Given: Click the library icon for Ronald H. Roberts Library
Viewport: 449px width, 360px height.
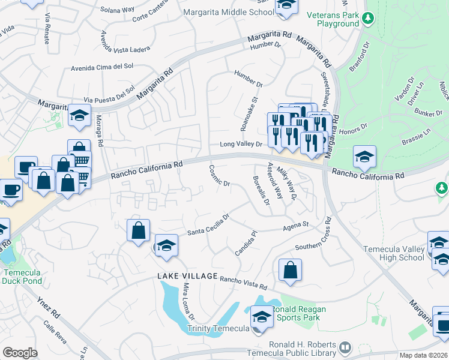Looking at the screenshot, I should click(345, 347).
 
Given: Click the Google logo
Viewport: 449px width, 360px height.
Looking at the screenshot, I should click(20, 353).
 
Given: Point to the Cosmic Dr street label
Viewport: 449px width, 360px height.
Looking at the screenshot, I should click(219, 175).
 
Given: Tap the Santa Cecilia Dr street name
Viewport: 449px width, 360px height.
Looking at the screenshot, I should click(208, 226).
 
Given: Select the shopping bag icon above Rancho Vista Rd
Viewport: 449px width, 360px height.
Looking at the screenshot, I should click(290, 270).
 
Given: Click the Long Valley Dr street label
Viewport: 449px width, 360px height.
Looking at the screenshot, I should click(241, 144).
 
